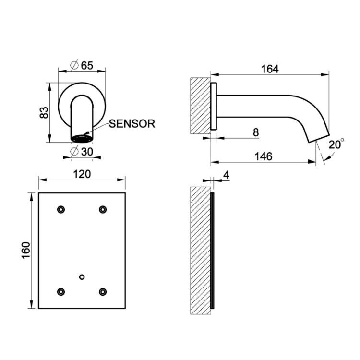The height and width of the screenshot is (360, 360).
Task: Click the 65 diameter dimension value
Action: click(x=87, y=66)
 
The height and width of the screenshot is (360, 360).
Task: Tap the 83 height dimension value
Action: click(x=44, y=112)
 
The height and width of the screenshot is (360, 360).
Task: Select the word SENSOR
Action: click(x=132, y=124)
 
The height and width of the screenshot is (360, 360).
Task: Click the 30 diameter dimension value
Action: click(x=87, y=152)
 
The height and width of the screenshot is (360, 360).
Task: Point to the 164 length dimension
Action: click(x=270, y=69)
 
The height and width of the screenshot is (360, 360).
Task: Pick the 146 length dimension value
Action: click(x=264, y=156)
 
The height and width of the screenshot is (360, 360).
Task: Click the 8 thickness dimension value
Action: click(x=256, y=132)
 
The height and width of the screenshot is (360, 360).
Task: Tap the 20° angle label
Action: click(x=336, y=144)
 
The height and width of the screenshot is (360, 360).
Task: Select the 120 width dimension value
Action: click(x=82, y=174)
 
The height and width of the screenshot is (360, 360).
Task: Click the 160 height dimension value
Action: click(x=26, y=251)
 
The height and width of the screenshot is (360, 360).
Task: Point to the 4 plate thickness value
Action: click(x=226, y=175)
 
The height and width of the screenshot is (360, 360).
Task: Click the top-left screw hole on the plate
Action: click(x=61, y=210)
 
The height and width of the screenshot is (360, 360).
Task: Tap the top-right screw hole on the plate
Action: click(x=103, y=210)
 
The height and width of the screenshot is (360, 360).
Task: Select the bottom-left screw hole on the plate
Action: click(x=61, y=292)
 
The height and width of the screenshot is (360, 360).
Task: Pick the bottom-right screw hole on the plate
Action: click(x=103, y=292)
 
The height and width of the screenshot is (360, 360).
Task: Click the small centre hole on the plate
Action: click(x=82, y=277)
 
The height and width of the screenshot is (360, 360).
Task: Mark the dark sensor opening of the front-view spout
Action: click(x=82, y=139)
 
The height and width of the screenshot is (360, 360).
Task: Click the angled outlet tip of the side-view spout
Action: click(x=318, y=137)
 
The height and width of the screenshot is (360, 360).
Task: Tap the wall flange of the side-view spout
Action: click(x=214, y=106)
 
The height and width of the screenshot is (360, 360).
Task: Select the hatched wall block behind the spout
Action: click(x=201, y=106)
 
